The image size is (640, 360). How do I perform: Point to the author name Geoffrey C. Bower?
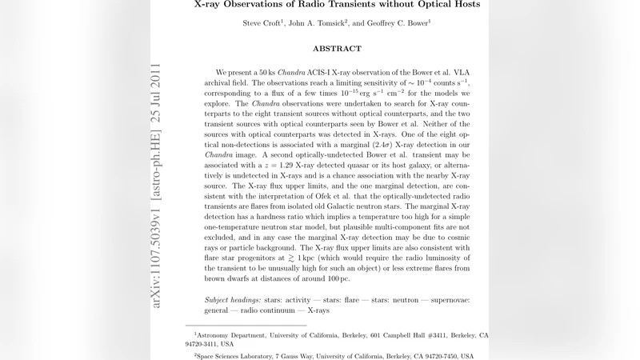coord(398,23)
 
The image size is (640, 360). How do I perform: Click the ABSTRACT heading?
coord(337,49)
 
